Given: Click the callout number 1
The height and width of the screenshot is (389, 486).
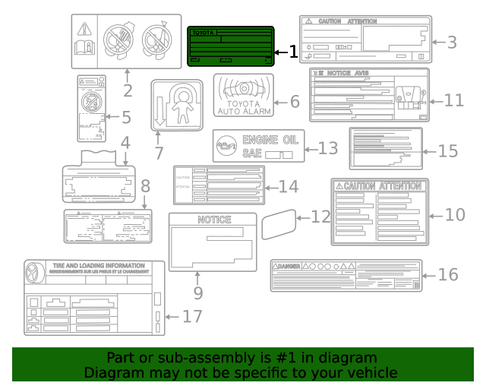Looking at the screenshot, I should (292, 52).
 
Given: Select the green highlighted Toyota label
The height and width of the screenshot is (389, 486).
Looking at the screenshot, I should (230, 47).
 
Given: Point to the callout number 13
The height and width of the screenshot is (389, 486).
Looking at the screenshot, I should (327, 147).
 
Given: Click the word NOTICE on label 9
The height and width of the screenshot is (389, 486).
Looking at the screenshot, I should (214, 220).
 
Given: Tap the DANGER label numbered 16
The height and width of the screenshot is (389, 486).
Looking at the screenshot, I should (346, 275).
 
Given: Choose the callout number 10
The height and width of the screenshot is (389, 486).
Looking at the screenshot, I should (455, 214).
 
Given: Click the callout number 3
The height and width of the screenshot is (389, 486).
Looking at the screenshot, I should (452, 42).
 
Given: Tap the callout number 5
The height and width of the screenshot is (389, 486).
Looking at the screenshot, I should (127, 118).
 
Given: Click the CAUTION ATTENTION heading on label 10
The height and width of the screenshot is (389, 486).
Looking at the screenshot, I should (380, 186).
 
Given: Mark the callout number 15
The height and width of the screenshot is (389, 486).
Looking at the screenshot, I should (449, 150).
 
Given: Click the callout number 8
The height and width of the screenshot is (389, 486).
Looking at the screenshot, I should (145, 185).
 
